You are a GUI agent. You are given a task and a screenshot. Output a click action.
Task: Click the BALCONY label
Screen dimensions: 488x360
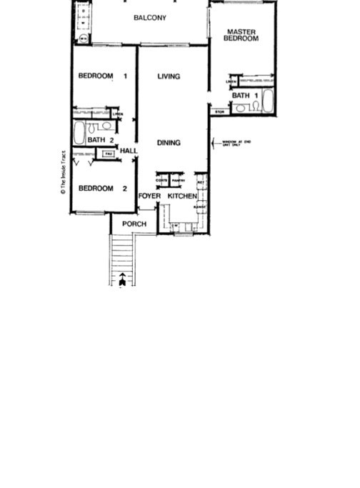[x=150, y=18]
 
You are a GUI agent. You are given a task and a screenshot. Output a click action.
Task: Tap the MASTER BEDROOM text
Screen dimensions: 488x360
[x=241, y=35]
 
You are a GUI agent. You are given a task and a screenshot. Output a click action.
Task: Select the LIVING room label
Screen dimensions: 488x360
[x=169, y=76]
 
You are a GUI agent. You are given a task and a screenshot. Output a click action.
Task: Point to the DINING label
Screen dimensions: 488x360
[x=169, y=143]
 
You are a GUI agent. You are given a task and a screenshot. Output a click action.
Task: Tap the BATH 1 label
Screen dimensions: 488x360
[x=241, y=95]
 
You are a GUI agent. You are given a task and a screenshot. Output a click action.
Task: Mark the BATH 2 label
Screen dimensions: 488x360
[x=99, y=140]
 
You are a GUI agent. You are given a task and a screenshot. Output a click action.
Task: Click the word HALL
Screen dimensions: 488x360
[x=129, y=151]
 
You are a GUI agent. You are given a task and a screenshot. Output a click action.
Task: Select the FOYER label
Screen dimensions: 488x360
[x=149, y=196]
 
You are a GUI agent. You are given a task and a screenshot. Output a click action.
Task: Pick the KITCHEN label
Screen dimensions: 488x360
[x=182, y=196]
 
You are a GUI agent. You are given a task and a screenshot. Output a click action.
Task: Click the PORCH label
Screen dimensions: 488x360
[x=134, y=224]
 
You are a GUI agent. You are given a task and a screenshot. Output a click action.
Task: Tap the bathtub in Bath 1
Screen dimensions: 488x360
[x=268, y=101]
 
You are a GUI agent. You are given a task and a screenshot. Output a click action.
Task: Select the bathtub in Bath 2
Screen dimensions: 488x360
[x=79, y=133]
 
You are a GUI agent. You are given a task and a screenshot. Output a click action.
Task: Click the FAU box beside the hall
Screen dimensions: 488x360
[x=109, y=154]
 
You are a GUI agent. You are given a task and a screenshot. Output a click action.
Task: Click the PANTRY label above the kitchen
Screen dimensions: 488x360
[x=178, y=181]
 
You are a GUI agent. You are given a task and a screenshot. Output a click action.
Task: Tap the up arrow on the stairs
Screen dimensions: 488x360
[x=123, y=279]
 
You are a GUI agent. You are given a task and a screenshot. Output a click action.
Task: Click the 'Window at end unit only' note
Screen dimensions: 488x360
[x=236, y=144]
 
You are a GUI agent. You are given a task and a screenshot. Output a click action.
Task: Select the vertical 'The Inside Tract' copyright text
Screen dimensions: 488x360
[x=64, y=171]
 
